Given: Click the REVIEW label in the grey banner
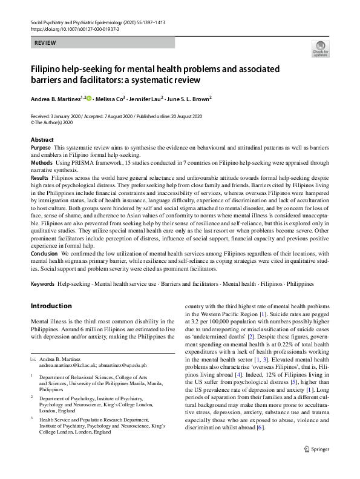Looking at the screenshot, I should point(46,43).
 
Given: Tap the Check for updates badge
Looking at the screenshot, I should point(320,49).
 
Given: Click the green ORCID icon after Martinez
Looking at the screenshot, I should point(88,97).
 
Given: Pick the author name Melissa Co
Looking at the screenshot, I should point(110,97).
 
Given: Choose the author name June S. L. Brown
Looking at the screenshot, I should point(192,97).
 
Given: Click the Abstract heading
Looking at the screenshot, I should point(42,139).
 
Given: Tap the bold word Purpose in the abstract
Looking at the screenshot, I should point(41,148).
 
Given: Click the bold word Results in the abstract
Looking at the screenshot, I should point(39,177).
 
